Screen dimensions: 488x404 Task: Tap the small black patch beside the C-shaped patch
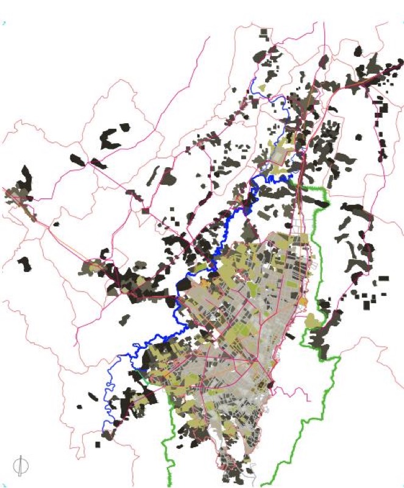pyautogui.click(x=125, y=127)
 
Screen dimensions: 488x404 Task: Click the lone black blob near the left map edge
pyautogui.click(x=24, y=264)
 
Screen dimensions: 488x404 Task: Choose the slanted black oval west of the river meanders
pyautogui.click(x=92, y=396)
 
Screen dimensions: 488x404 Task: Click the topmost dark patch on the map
pyautogui.click(x=264, y=33)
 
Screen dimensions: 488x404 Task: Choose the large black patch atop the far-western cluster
pyautogui.click(x=25, y=178)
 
